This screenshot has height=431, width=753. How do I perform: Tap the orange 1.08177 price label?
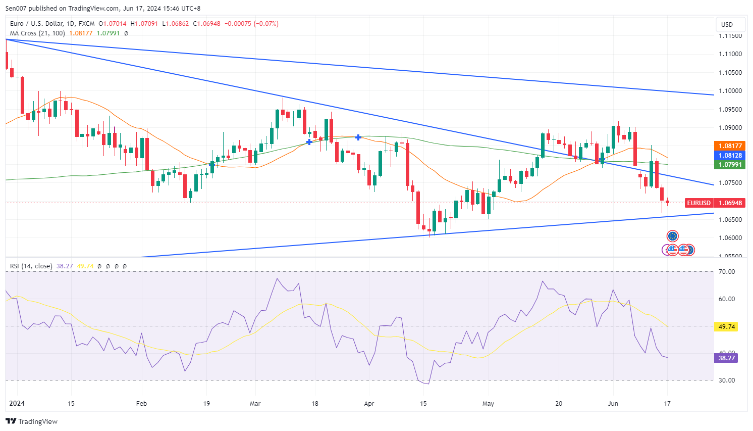click(x=730, y=146)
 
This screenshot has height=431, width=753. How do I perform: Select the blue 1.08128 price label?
click(x=730, y=156)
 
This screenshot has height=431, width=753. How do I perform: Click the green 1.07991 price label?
click(x=730, y=165)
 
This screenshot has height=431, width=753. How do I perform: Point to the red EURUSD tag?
click(x=698, y=203)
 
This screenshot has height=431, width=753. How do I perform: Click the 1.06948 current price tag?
click(x=730, y=203)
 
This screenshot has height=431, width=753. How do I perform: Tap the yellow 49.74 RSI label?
click(x=726, y=327)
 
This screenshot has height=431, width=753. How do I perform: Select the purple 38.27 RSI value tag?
click(x=726, y=358)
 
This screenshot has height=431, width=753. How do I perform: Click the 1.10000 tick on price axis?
click(x=730, y=91)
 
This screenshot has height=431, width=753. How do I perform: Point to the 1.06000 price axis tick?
click(x=730, y=238)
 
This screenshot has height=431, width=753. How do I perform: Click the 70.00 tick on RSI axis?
click(x=727, y=272)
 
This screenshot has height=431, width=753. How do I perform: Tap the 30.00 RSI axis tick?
click(x=727, y=380)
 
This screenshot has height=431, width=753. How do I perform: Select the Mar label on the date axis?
click(x=255, y=404)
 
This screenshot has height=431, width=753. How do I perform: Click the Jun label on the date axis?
click(x=613, y=404)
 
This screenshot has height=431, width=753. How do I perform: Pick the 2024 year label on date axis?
click(x=17, y=404)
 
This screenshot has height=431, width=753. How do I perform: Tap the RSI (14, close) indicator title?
click(x=31, y=266)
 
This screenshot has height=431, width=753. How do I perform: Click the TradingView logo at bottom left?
click(x=32, y=421)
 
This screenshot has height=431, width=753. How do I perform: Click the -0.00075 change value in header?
click(x=238, y=24)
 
